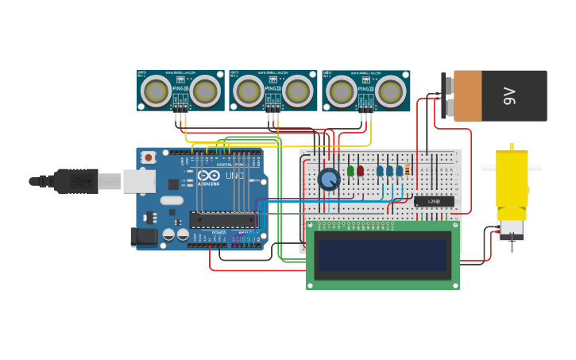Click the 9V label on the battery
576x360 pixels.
pos(509,96)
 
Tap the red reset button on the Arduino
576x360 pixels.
pos(149,157)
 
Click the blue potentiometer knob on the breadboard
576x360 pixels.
pos(329,180)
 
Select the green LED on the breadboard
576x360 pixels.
pos(350,170)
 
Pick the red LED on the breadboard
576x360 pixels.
pos(360,170)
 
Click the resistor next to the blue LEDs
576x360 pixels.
pos(408,169)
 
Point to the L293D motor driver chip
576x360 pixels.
pos(434,201)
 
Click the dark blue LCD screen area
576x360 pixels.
pos(382,255)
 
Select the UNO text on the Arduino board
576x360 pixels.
pos(234,176)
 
